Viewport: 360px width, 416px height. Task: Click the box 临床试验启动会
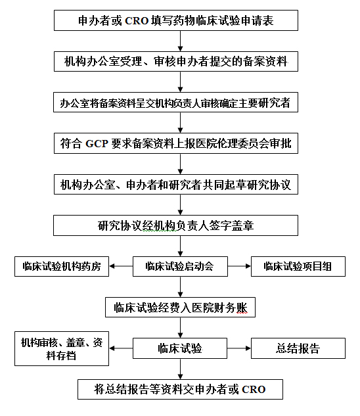click(x=180, y=266)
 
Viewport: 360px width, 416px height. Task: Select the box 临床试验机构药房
click(x=62, y=266)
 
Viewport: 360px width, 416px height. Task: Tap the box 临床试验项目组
click(x=298, y=266)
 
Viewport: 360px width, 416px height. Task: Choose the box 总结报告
click(x=298, y=348)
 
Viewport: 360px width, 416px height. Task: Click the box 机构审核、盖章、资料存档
click(x=62, y=348)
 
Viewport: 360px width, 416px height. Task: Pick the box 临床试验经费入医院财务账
click(x=180, y=307)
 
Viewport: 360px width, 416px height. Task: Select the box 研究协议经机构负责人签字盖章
click(x=175, y=225)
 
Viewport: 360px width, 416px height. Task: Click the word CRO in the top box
click(x=137, y=20)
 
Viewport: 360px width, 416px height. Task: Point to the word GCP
click(x=97, y=143)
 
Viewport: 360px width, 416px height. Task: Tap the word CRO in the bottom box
click(x=254, y=390)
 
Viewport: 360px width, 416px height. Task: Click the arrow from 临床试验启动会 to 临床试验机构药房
click(x=121, y=266)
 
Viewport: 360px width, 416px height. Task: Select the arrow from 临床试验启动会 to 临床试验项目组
click(x=239, y=266)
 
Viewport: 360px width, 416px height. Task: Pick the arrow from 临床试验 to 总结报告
click(x=239, y=348)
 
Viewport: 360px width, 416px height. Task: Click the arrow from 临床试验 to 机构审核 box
click(x=121, y=348)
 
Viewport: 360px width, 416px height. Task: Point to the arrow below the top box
click(x=180, y=41)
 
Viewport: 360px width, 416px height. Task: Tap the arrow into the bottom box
click(x=180, y=369)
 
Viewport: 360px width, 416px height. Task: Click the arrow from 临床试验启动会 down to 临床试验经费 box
click(x=180, y=287)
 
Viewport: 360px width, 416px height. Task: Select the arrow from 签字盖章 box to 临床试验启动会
click(x=180, y=246)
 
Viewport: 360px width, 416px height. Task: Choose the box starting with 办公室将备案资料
click(x=175, y=103)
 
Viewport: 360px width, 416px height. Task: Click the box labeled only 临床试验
click(x=180, y=348)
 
